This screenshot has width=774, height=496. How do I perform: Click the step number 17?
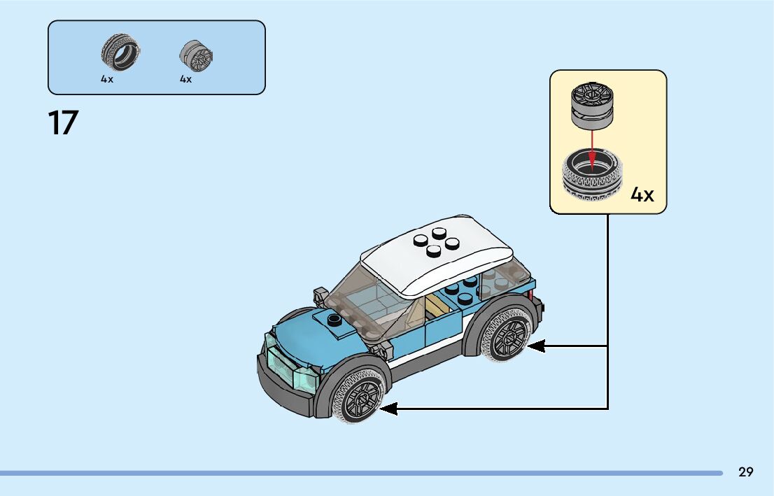click(63, 123)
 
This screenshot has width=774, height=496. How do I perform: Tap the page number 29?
click(746, 472)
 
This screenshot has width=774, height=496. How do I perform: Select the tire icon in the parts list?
click(120, 53)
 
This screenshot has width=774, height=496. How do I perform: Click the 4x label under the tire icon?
click(106, 80)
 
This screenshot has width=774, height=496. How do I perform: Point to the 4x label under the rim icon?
click(185, 80)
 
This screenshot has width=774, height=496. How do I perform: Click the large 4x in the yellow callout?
click(642, 194)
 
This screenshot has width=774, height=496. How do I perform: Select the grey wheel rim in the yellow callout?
click(591, 106)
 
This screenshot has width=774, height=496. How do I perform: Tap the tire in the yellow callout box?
click(592, 178)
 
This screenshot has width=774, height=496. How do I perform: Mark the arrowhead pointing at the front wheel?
click(387, 408)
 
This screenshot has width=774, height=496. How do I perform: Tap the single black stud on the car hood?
click(335, 320)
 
